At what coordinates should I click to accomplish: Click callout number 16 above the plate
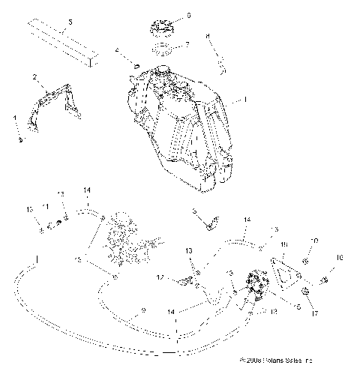click(284, 245)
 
